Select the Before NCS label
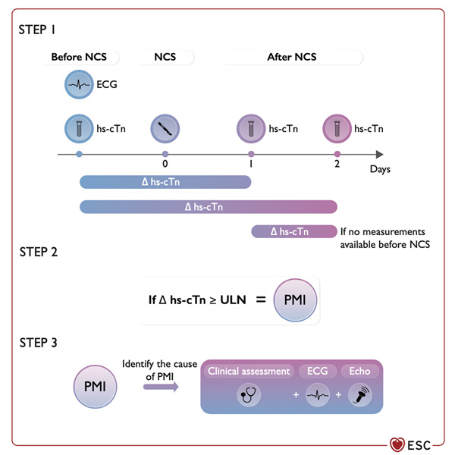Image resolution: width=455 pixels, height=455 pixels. click(x=79, y=57)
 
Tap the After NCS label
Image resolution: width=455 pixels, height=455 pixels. click(x=291, y=57)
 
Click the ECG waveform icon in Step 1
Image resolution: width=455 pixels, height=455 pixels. click(x=79, y=85)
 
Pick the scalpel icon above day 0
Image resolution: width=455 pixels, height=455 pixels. click(x=165, y=128)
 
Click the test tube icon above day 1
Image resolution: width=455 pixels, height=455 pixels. click(x=251, y=128)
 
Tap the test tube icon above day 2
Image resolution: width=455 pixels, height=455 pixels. click(x=337, y=128)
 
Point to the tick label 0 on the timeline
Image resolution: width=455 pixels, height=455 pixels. click(x=165, y=163)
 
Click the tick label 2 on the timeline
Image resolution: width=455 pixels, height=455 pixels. click(x=337, y=164)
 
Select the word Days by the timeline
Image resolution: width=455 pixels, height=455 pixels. click(x=380, y=169)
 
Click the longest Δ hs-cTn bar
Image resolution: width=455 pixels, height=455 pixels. click(x=208, y=206)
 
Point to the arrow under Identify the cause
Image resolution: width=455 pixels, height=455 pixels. click(x=160, y=387)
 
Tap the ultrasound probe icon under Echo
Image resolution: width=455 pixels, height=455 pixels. click(x=359, y=396)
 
